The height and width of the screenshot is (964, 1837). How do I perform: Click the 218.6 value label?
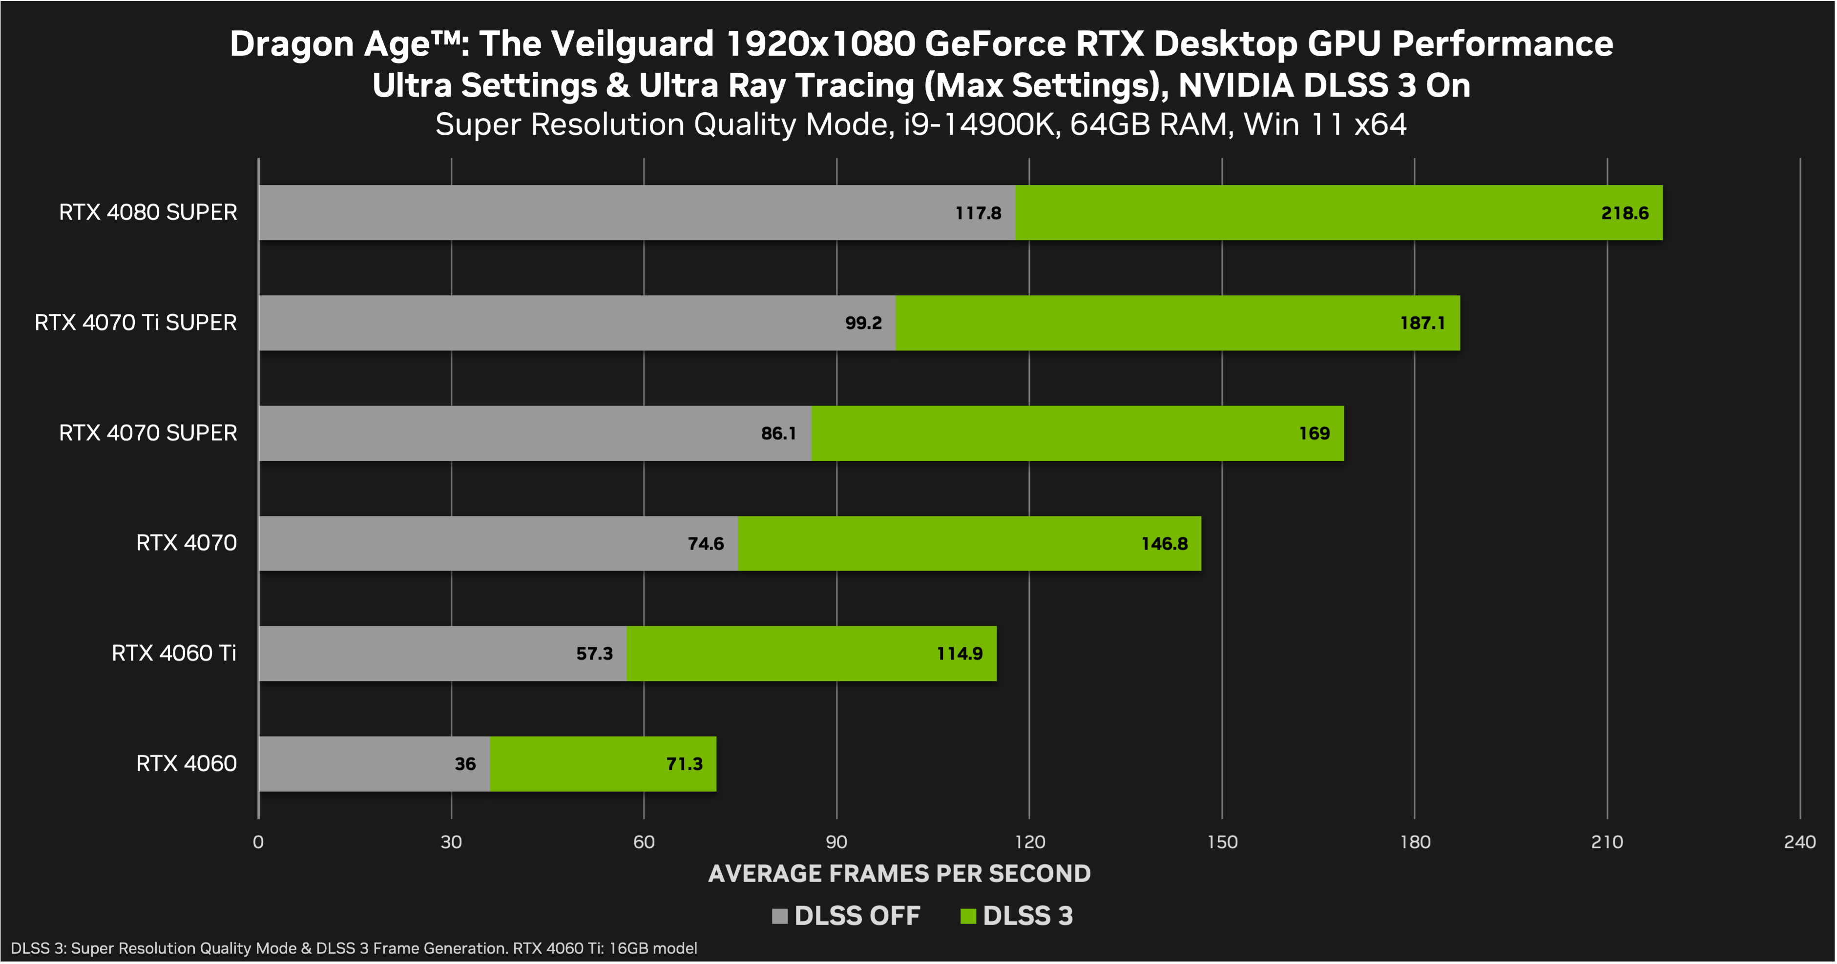1625,213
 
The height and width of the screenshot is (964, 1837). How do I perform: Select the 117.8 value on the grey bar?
979,213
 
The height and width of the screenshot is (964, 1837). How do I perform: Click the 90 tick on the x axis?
836,842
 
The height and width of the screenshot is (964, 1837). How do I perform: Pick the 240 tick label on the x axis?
1799,842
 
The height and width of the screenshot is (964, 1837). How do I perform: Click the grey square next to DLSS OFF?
779,916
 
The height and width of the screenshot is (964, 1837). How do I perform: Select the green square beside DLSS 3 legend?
968,916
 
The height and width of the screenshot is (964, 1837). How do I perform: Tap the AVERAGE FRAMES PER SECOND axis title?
899,873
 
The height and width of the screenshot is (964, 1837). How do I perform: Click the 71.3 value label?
684,764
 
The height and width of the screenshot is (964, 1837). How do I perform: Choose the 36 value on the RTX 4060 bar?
465,764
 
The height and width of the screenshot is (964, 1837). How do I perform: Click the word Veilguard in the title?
632,44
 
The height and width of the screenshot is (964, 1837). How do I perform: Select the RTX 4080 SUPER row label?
147,212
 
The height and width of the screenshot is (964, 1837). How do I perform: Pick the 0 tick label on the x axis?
258,842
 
